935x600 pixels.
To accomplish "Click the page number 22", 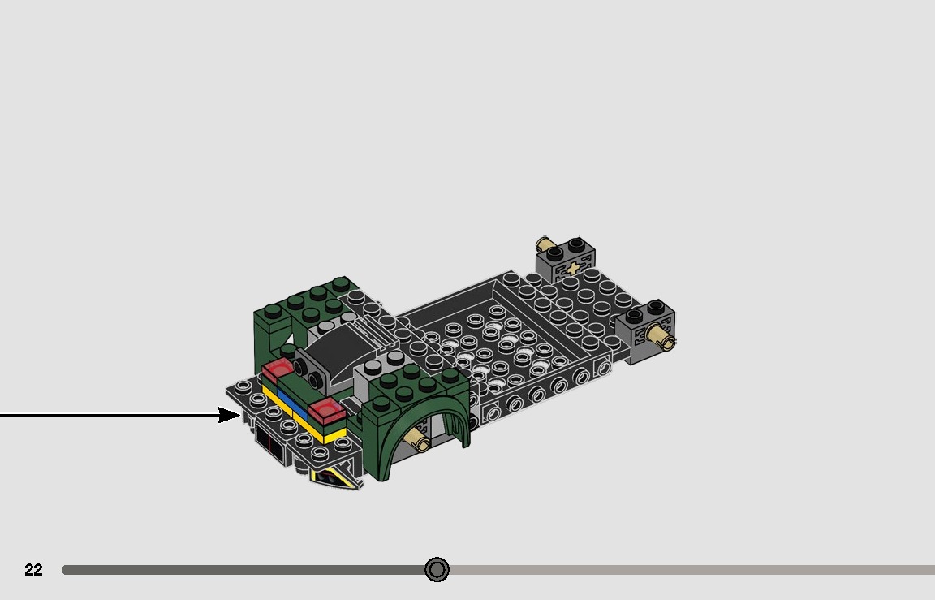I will (33, 570).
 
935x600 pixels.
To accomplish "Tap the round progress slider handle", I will (437, 570).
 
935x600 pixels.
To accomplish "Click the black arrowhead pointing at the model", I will (230, 416).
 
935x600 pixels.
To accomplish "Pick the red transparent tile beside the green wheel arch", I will (327, 410).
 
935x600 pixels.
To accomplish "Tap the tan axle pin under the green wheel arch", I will (420, 440).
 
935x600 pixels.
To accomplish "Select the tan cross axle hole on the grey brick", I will (574, 269).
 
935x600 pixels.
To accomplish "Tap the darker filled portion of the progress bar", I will (243, 570).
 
